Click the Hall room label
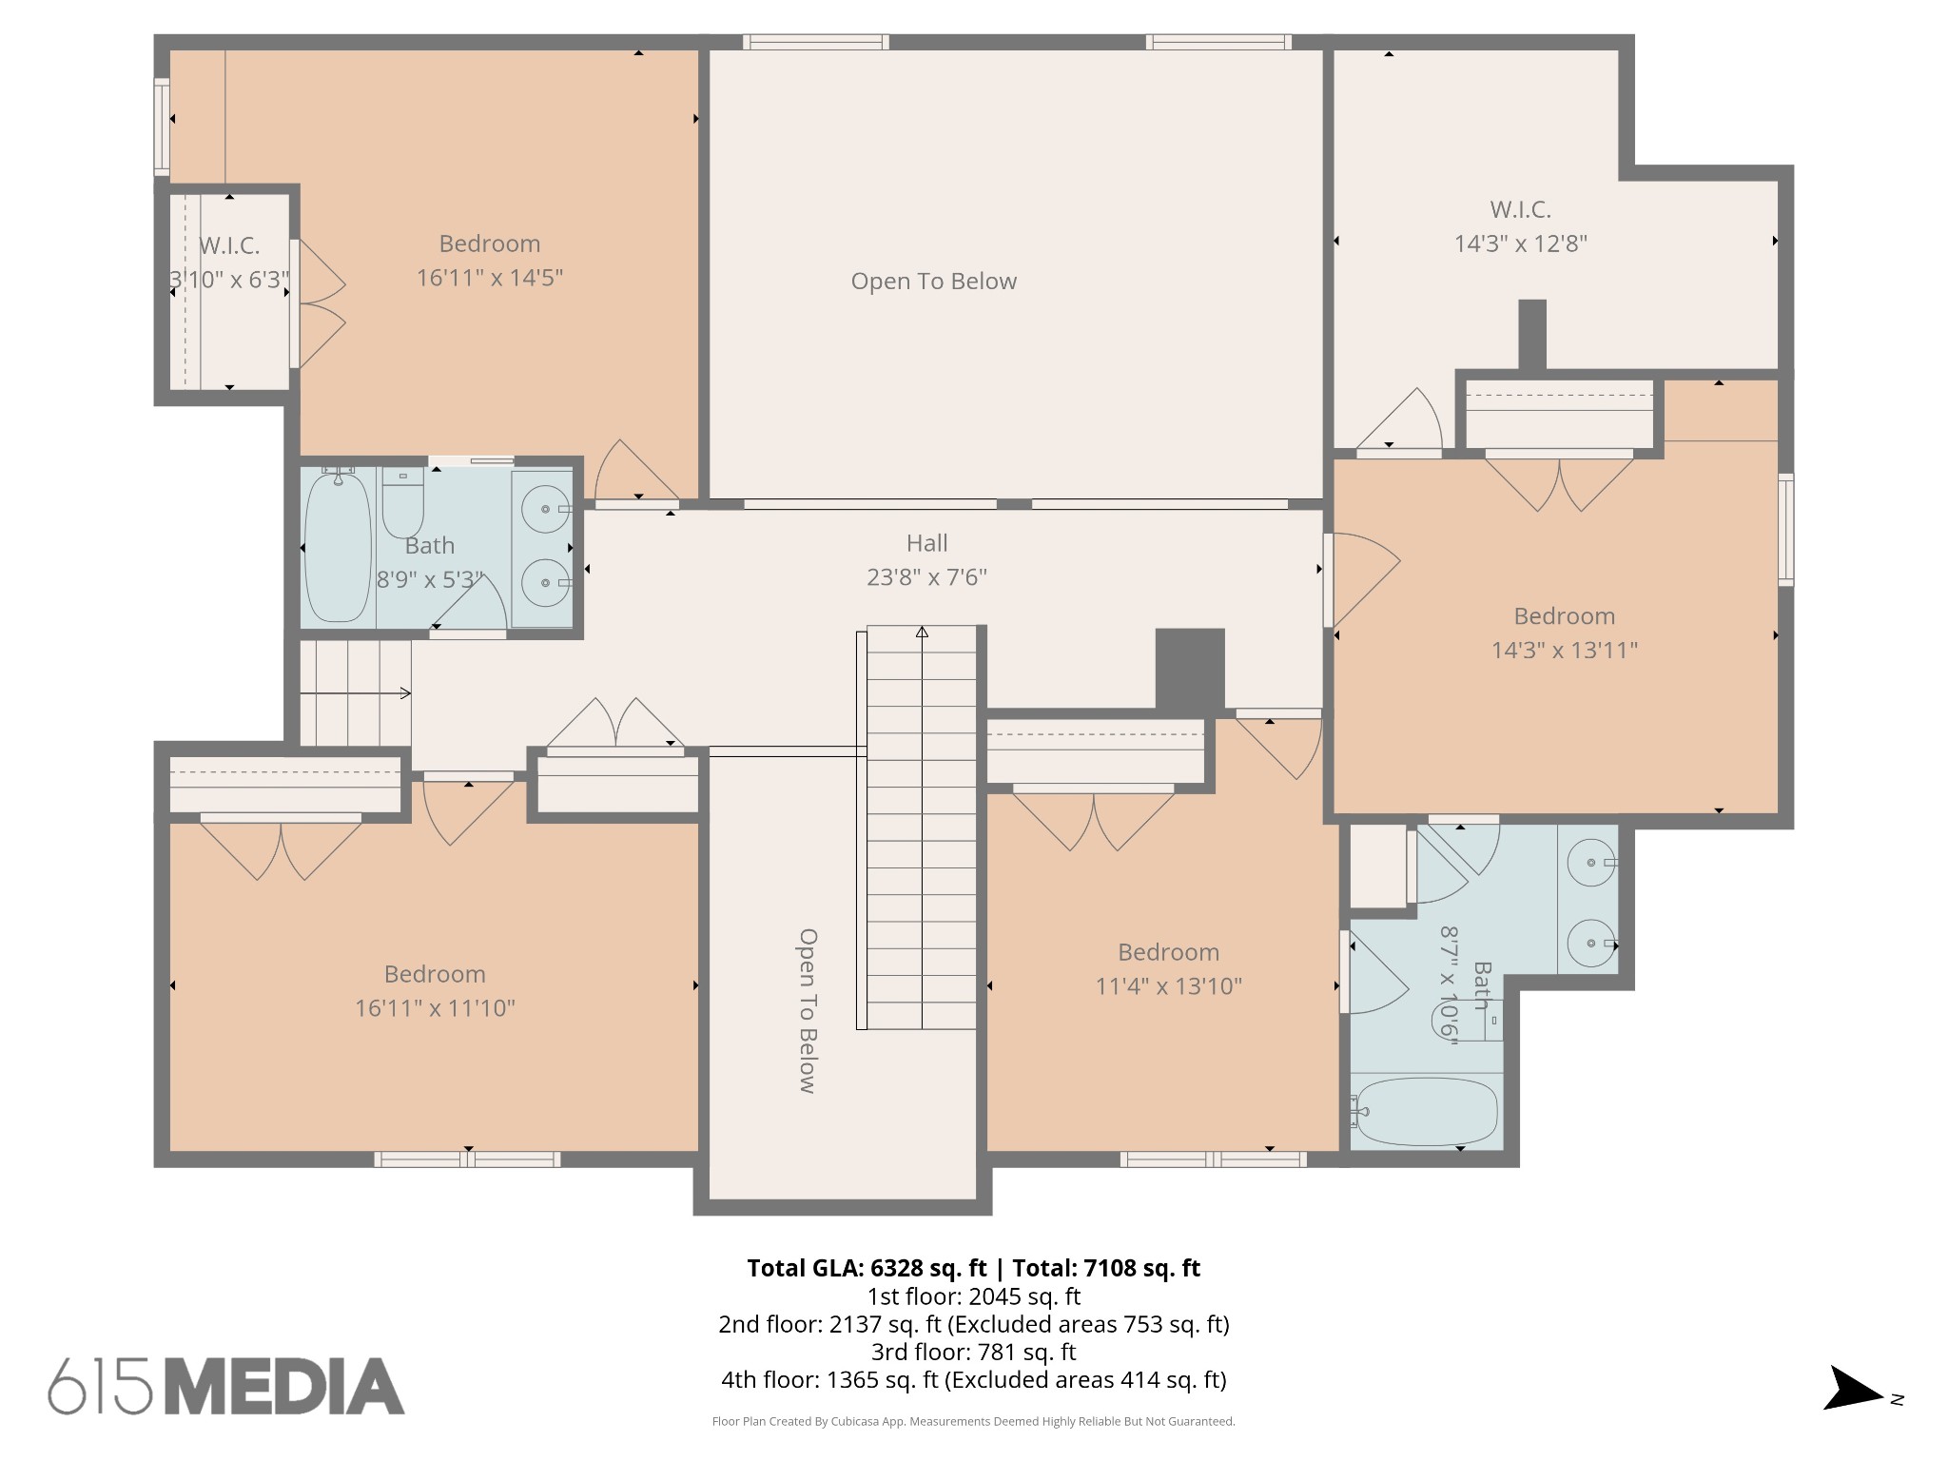[x=926, y=543]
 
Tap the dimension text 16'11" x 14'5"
[x=490, y=278]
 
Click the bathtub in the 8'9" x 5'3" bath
[x=338, y=547]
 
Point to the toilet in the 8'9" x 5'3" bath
[x=403, y=503]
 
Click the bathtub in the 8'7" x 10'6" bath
[x=1425, y=1111]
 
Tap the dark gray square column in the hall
[x=1190, y=670]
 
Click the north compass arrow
[x=1853, y=1414]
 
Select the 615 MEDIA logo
[x=226, y=1386]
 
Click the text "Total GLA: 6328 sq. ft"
[x=867, y=1268]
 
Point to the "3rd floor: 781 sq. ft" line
[x=973, y=1352]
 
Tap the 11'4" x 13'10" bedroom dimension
[x=1168, y=986]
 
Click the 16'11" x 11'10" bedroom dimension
[x=435, y=1008]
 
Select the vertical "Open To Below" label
[x=808, y=1011]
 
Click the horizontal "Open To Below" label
[x=933, y=282]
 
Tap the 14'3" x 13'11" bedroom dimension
[x=1564, y=651]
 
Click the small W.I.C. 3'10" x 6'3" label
[x=229, y=263]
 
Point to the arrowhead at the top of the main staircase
[x=922, y=632]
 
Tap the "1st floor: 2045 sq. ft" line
[x=973, y=1296]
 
